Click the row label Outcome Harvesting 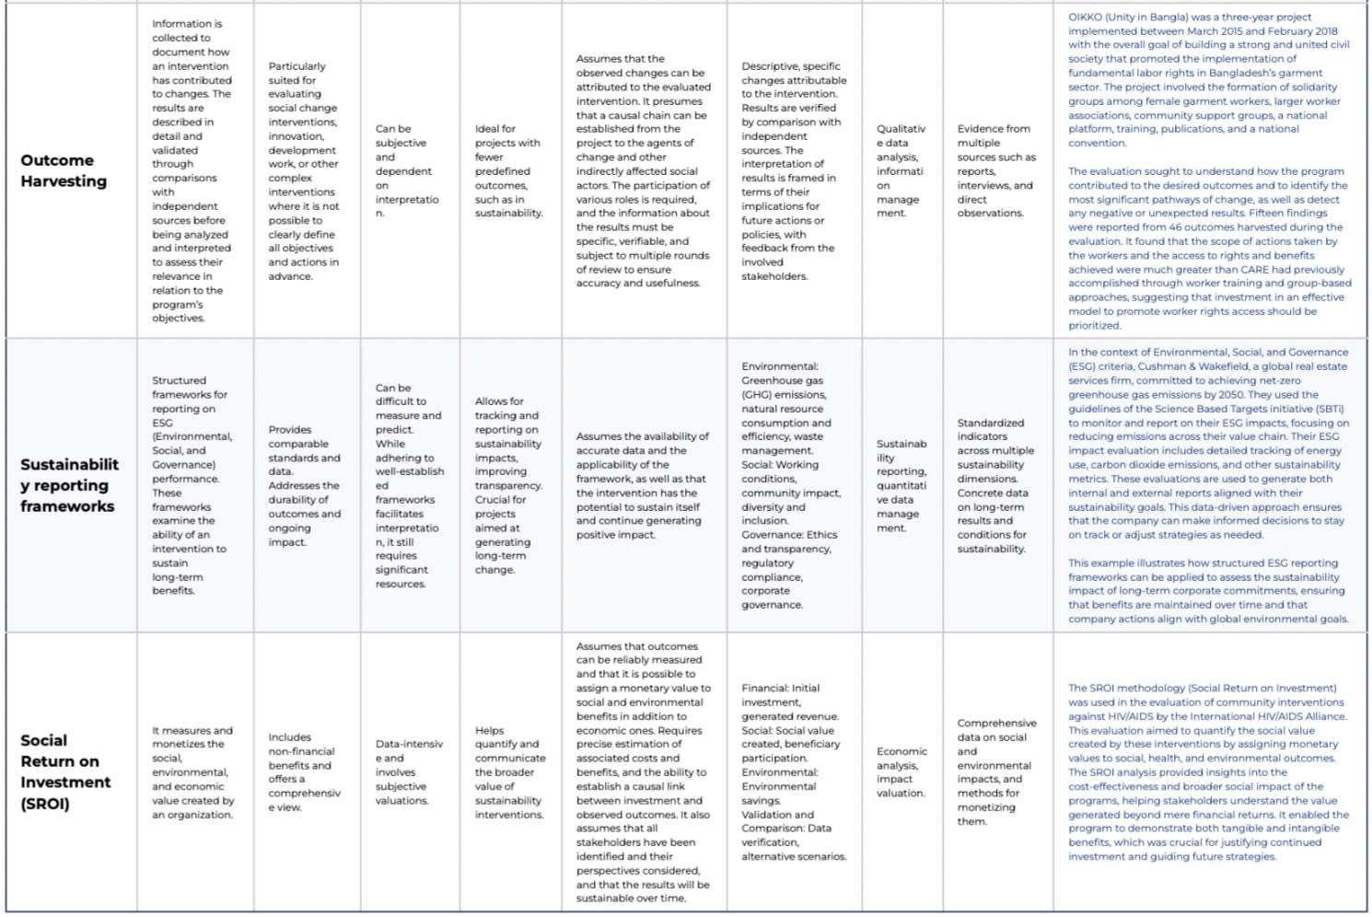click(x=64, y=170)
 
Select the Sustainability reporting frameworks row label click(x=68, y=485)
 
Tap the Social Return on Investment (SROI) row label click(x=65, y=772)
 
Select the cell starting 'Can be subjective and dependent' click(x=406, y=171)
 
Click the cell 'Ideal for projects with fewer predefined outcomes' click(x=508, y=171)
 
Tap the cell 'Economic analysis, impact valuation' click(x=901, y=772)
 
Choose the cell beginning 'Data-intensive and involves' click(x=409, y=772)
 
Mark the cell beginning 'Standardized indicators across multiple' click(x=995, y=485)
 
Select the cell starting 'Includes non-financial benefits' click(x=304, y=772)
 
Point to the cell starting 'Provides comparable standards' click(x=304, y=485)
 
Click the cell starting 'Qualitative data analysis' click(x=901, y=171)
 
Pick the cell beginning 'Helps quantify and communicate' click(x=509, y=772)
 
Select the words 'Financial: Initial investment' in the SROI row click(x=781, y=694)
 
